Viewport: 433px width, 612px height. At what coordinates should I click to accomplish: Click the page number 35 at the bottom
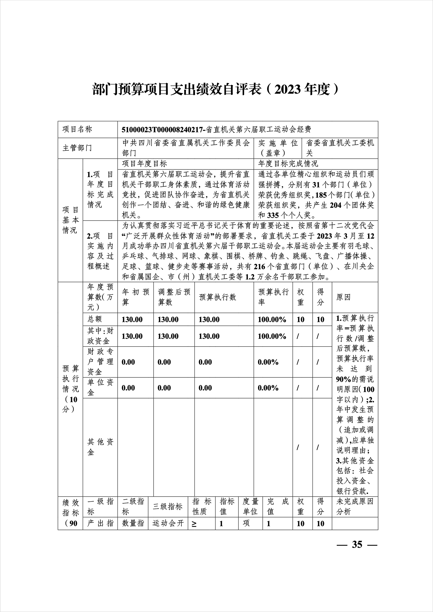(x=357, y=544)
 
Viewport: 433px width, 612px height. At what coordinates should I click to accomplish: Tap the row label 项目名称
(x=77, y=130)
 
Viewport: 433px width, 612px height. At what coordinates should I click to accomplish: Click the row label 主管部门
(x=77, y=148)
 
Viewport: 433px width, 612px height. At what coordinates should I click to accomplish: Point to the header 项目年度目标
(x=144, y=163)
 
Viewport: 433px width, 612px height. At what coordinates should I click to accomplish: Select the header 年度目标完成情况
(x=288, y=163)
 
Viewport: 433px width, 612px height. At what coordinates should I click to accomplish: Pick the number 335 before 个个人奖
(x=273, y=215)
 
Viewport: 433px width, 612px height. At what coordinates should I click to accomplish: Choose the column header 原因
(x=343, y=297)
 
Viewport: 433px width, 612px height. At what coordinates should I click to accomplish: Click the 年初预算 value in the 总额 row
(x=132, y=319)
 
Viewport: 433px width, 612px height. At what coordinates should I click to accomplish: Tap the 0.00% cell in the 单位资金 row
(x=268, y=388)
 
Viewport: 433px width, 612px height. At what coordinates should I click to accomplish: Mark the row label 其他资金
(x=100, y=447)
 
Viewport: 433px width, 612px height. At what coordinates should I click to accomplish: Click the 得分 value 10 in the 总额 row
(x=320, y=319)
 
